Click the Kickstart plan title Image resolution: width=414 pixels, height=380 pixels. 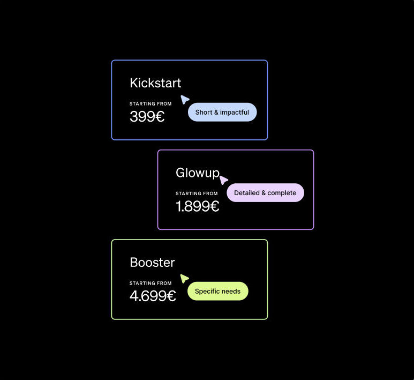point(155,83)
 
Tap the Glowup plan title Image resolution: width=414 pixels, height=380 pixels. point(198,173)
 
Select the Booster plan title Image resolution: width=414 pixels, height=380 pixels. point(152,263)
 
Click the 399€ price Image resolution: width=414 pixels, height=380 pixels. point(147,116)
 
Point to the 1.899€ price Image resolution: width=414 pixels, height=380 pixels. point(197,206)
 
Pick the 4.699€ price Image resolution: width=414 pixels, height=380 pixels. point(153,296)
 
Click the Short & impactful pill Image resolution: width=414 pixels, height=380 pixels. point(222,113)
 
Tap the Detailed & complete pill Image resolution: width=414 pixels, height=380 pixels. point(265,193)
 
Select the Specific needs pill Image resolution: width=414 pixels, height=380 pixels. point(218,292)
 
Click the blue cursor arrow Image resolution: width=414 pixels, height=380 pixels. point(185,100)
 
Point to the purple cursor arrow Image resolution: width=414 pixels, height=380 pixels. point(224,180)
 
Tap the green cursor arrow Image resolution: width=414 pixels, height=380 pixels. point(184,279)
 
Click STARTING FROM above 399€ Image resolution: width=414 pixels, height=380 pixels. point(150,104)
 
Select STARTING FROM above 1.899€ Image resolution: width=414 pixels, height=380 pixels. point(197,193)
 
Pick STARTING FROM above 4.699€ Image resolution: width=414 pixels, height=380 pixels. point(150,283)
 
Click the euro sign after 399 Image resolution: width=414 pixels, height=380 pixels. point(160,116)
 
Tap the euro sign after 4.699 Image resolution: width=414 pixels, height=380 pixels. point(171,296)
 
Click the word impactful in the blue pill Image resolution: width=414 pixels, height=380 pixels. point(234,113)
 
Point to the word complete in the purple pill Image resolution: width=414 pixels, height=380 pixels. point(282,193)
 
